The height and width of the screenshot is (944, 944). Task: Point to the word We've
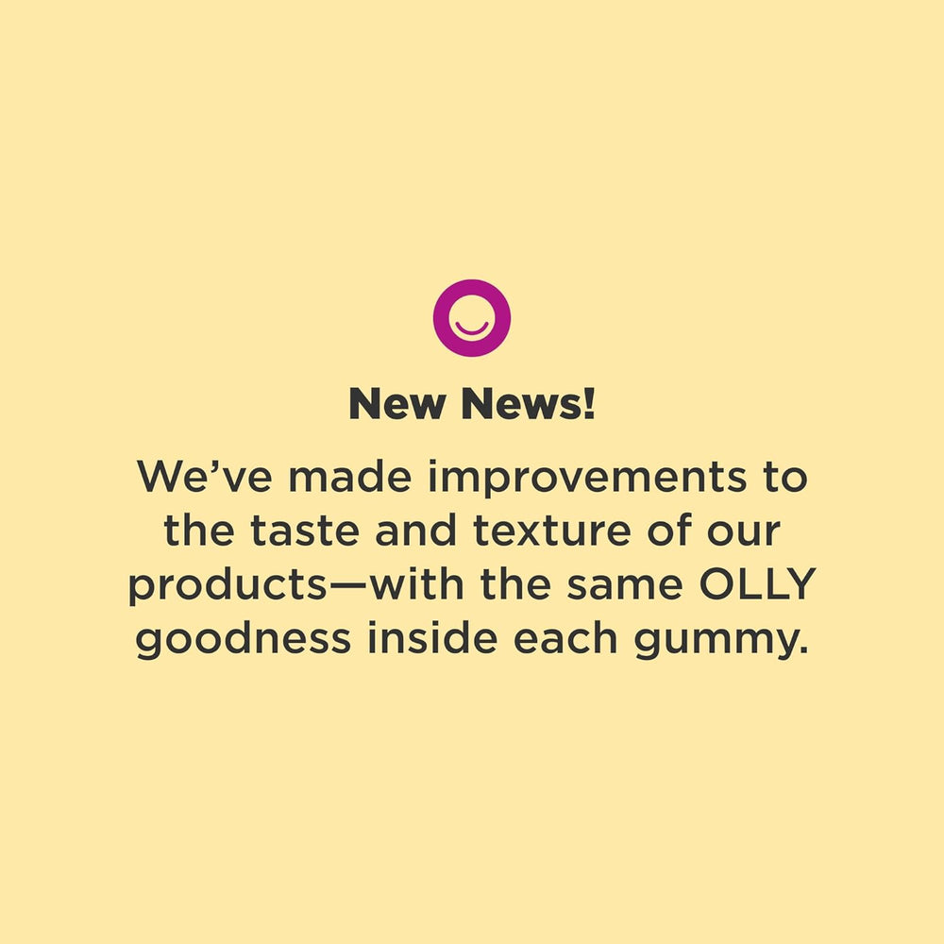pyautogui.click(x=207, y=478)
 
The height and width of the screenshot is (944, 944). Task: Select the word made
pyautogui.click(x=355, y=478)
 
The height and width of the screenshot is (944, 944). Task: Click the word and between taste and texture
pyautogui.click(x=413, y=531)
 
